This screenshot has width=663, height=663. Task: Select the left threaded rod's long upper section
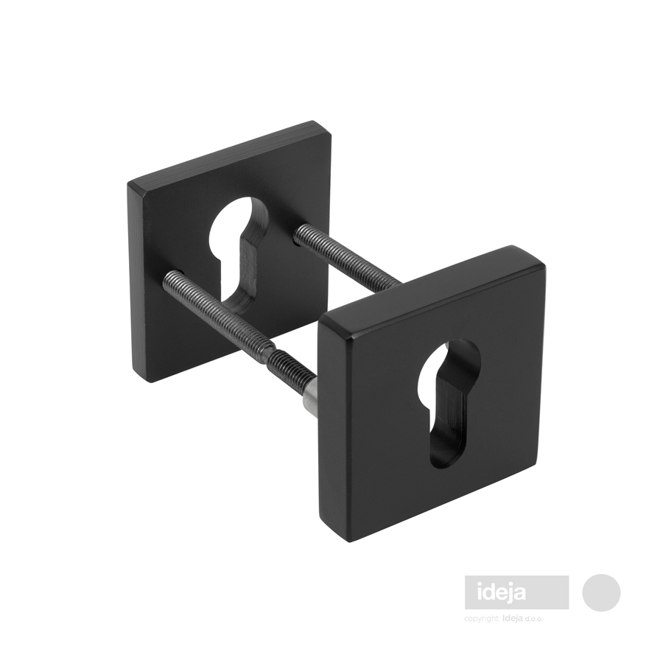point(215,310)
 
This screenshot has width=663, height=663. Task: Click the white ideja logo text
point(502,592)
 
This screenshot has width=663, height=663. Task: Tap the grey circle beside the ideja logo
point(601,592)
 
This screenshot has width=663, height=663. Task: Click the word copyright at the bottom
point(481,619)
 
